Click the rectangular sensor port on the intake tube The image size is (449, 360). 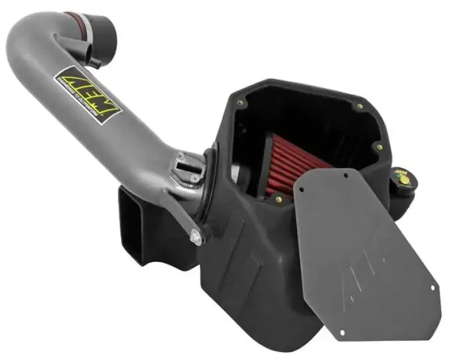point(185,165)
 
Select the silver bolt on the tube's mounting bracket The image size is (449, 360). point(196,236)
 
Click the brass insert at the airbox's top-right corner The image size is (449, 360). point(360,107)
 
